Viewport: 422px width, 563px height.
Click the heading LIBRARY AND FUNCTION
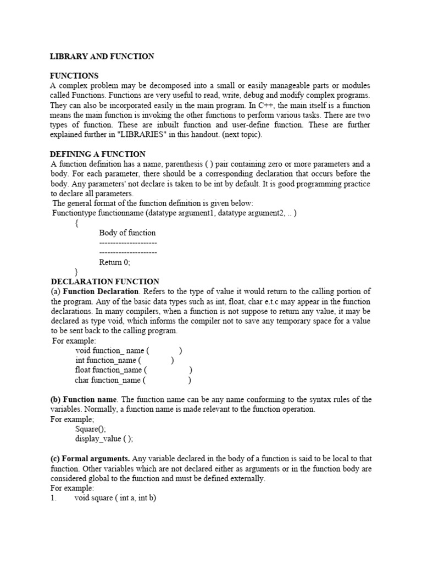point(102,56)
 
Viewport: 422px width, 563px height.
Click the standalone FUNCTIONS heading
point(74,76)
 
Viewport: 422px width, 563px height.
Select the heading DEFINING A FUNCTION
point(98,154)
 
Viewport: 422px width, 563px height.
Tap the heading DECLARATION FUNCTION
point(105,281)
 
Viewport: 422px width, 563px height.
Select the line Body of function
point(127,233)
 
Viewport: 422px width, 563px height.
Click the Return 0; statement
point(115,262)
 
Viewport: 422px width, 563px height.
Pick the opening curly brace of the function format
point(76,223)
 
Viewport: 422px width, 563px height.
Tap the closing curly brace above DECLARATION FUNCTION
point(76,272)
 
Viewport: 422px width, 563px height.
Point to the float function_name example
point(134,370)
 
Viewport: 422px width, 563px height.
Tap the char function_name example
point(133,380)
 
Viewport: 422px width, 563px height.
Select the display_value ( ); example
point(104,439)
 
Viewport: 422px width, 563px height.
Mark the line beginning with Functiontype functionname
point(174,213)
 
